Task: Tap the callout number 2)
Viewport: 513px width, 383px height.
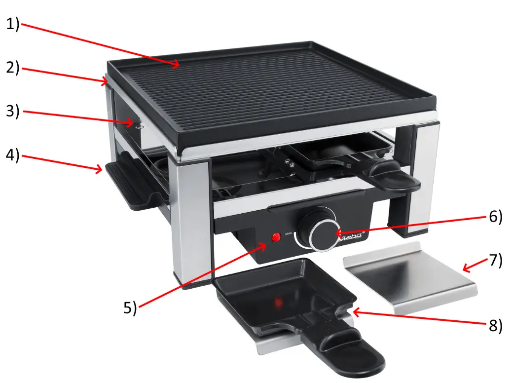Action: point(12,68)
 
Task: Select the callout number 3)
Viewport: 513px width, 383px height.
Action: point(12,112)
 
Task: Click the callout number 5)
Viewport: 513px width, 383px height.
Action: point(129,307)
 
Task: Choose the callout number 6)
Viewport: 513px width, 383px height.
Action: point(495,216)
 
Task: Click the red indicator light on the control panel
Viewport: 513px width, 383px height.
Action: point(276,237)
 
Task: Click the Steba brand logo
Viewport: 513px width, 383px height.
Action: point(351,238)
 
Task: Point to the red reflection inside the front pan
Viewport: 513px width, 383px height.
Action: point(279,300)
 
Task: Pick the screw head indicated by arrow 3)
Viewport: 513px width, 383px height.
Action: point(140,126)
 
